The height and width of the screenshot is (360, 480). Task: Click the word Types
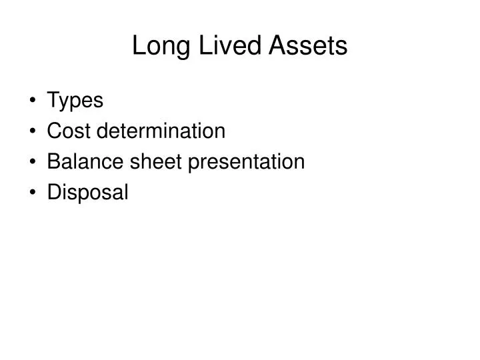75,101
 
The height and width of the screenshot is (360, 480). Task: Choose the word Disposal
87,193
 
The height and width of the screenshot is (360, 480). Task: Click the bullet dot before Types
33,101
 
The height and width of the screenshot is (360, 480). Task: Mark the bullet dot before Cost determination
33,132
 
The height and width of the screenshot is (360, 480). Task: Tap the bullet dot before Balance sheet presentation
33,163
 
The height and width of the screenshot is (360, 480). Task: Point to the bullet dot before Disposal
33,193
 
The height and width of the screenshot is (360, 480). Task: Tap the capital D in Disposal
54,192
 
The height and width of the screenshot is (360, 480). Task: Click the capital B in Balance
54,161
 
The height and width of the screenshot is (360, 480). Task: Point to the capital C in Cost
55,131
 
